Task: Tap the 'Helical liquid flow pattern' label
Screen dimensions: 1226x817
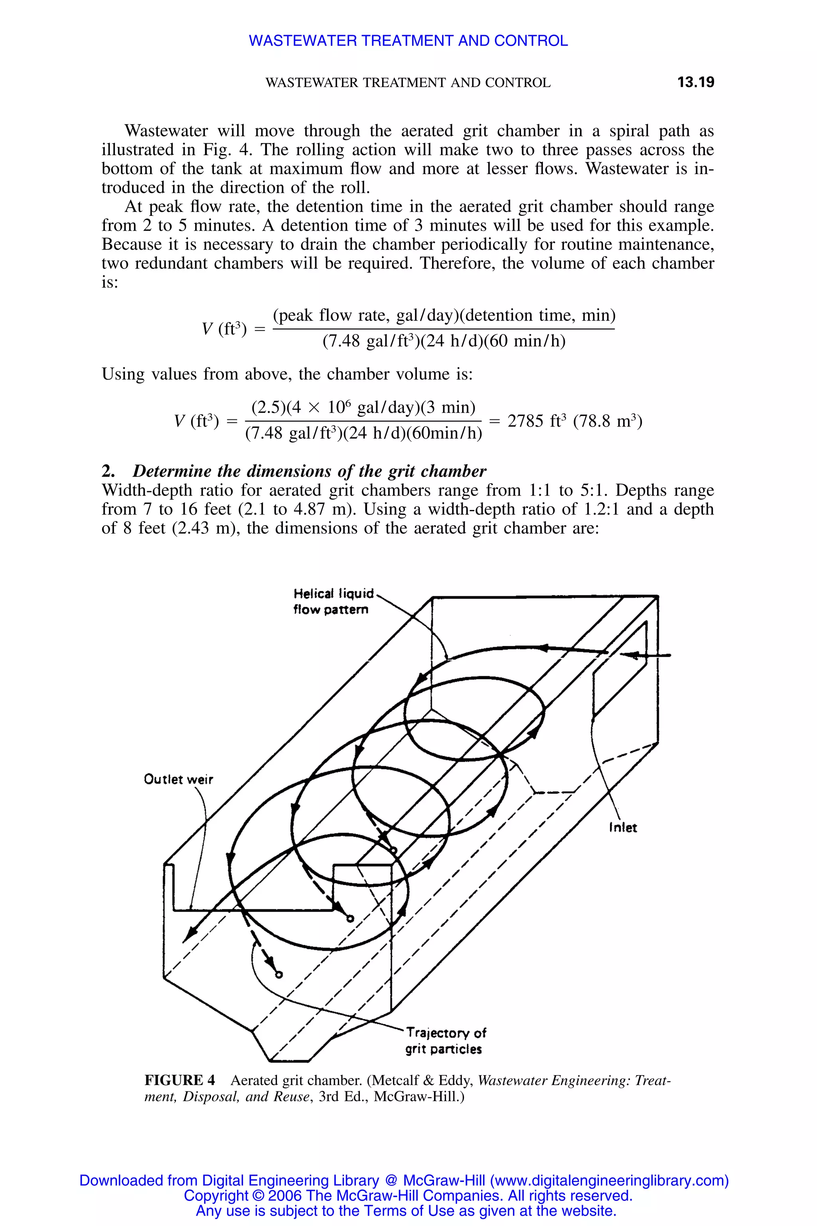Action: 333,601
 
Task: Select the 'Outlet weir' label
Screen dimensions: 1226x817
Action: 178,779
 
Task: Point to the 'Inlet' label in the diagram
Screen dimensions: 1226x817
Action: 623,828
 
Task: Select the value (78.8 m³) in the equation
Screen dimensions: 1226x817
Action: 608,421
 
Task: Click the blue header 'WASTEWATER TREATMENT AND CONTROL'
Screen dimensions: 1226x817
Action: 408,41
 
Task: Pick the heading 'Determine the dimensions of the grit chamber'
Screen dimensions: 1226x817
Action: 309,471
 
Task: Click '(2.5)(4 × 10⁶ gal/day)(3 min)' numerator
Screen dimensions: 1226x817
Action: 363,407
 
